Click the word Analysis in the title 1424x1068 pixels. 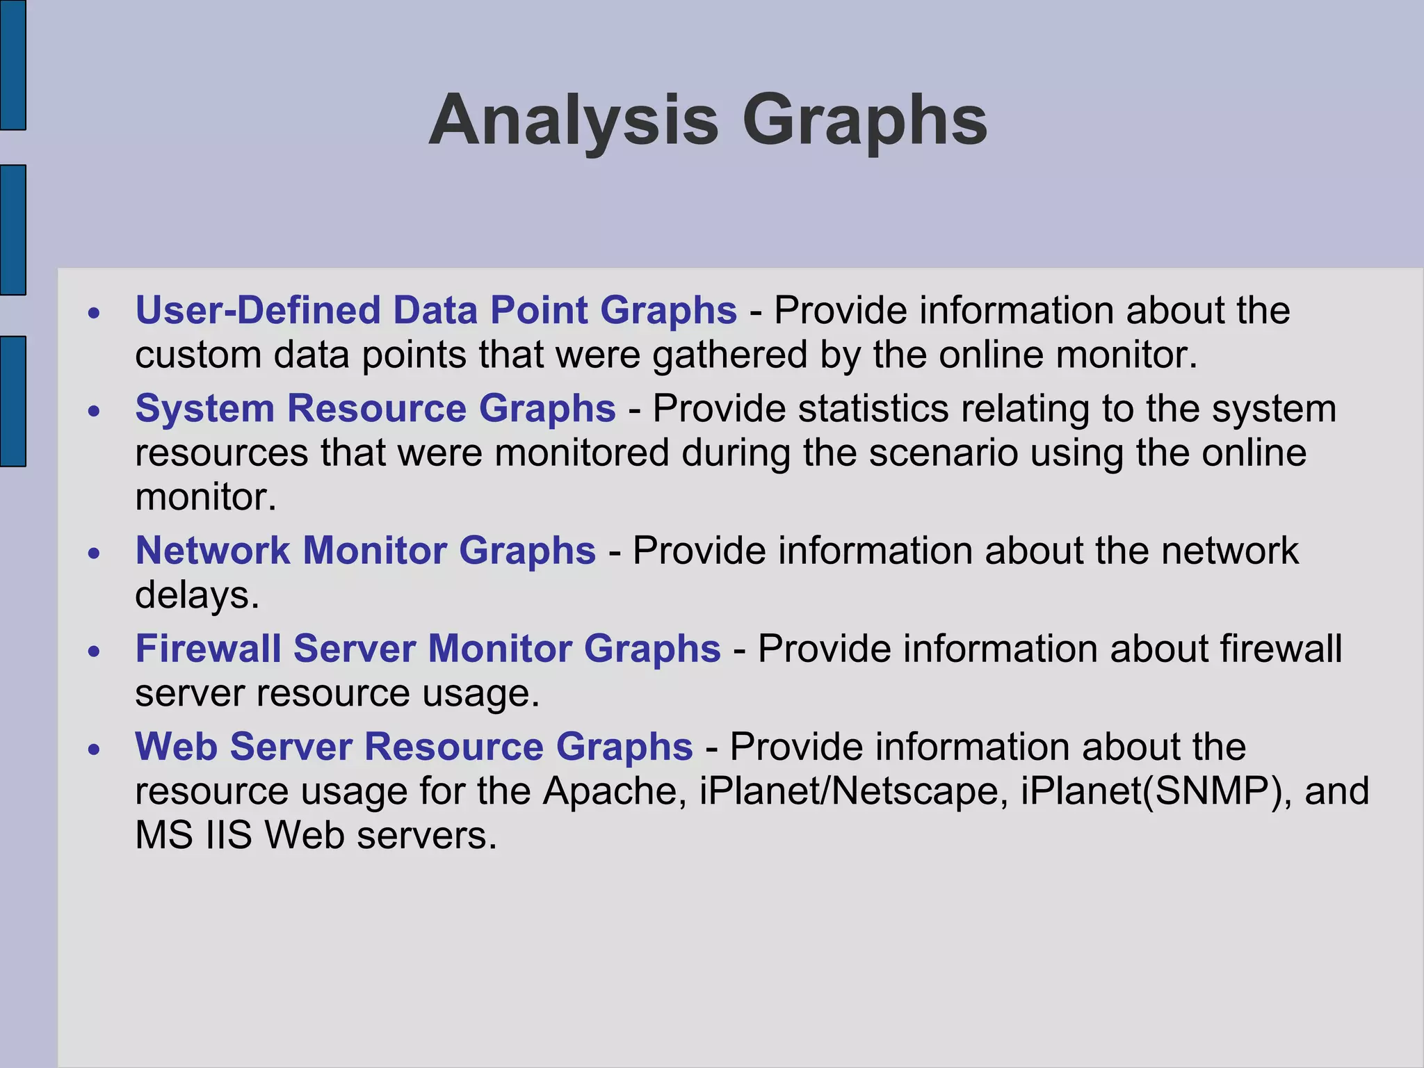coord(573,121)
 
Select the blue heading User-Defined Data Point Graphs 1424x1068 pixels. coord(436,310)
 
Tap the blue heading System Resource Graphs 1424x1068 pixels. coord(375,408)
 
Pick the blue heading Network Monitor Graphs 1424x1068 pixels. coord(366,551)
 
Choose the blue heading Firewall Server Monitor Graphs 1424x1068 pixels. coord(428,649)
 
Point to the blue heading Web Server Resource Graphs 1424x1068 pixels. coord(414,747)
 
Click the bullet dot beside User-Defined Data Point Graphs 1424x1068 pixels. coord(95,313)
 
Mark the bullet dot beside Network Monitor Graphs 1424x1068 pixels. coord(95,553)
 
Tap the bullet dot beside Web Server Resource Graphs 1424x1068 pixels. coord(95,750)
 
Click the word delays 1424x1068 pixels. coord(197,595)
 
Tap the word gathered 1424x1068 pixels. coord(729,355)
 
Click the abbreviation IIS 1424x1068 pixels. coord(229,835)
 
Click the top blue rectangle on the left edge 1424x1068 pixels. coord(13,65)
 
